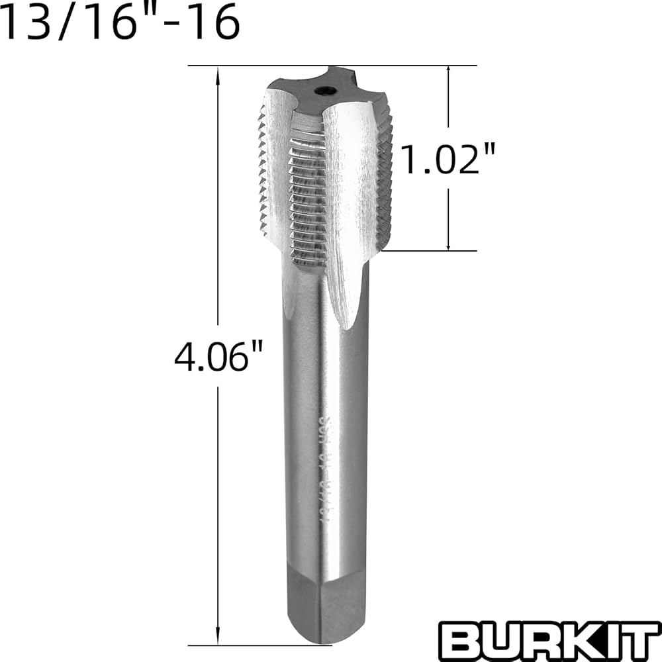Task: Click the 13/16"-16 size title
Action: coord(119,24)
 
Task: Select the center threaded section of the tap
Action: coord(308,192)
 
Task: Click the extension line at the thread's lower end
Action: coord(430,251)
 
